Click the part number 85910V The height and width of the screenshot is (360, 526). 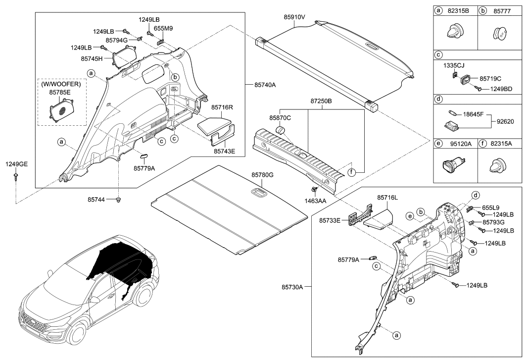tap(295, 17)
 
